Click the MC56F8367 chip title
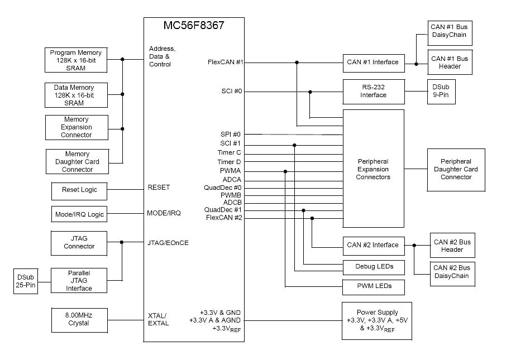pyautogui.click(x=194, y=26)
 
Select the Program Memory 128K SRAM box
pyautogui.click(x=75, y=60)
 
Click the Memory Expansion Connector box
pyautogui.click(x=77, y=127)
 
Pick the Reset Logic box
pyautogui.click(x=79, y=190)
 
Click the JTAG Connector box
pyautogui.click(x=79, y=242)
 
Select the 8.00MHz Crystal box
pyautogui.click(x=78, y=319)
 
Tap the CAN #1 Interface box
pyautogui.click(x=373, y=63)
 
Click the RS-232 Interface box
pyautogui.click(x=373, y=91)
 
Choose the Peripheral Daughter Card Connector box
pyautogui.click(x=456, y=170)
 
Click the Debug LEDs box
pyautogui.click(x=373, y=266)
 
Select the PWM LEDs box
pyautogui.click(x=373, y=286)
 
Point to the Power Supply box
pyautogui.click(x=377, y=321)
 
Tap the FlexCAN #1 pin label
pyautogui.click(x=225, y=62)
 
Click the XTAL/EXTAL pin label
pyautogui.click(x=158, y=319)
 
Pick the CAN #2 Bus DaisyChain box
pyautogui.click(x=452, y=272)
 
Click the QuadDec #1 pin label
pyautogui.click(x=223, y=210)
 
